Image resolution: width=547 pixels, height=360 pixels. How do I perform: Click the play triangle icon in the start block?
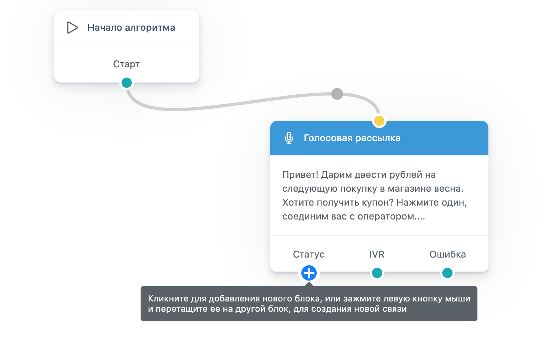pyautogui.click(x=72, y=27)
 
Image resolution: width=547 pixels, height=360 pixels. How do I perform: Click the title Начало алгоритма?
pyautogui.click(x=131, y=27)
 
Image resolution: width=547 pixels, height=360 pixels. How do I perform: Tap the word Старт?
pyautogui.click(x=126, y=64)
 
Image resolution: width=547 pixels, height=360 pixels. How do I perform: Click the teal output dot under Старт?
pyautogui.click(x=126, y=82)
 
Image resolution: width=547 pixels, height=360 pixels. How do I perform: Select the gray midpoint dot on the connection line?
pyautogui.click(x=337, y=94)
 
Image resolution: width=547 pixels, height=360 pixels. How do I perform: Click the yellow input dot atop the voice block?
pyautogui.click(x=379, y=121)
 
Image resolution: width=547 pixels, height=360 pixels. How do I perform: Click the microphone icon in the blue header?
pyautogui.click(x=289, y=138)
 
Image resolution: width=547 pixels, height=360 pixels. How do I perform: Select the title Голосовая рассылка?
pyautogui.click(x=352, y=138)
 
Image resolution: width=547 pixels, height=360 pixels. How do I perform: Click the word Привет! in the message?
pyautogui.click(x=300, y=175)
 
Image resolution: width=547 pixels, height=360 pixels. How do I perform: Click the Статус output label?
pyautogui.click(x=309, y=254)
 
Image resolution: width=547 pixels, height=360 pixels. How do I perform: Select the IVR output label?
pyautogui.click(x=377, y=254)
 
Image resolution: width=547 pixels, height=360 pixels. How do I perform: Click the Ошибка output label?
pyautogui.click(x=448, y=254)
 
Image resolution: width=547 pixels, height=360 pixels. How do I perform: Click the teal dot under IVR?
pyautogui.click(x=377, y=273)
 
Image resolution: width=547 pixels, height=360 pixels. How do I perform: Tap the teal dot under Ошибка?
pyautogui.click(x=447, y=273)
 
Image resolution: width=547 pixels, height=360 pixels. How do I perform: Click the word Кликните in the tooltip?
pyautogui.click(x=168, y=299)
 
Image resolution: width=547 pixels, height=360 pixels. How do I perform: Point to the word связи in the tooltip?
pyautogui.click(x=395, y=309)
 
